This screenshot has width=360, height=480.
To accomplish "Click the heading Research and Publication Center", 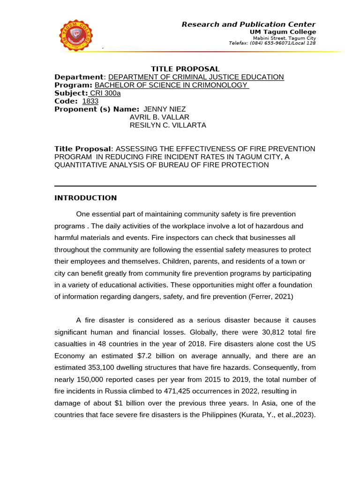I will pos(248,24).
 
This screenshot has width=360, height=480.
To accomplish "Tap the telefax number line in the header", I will pos(272,43).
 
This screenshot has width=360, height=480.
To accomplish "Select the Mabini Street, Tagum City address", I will pos(284,38).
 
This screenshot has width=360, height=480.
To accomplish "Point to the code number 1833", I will pos(90,101).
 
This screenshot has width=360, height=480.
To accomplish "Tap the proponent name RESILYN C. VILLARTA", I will pos(167,125).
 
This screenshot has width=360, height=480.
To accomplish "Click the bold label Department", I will pos(78,77).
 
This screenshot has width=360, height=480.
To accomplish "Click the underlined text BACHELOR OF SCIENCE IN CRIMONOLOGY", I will pos(171,85).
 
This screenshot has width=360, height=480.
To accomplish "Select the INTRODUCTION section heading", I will pos(86,198).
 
